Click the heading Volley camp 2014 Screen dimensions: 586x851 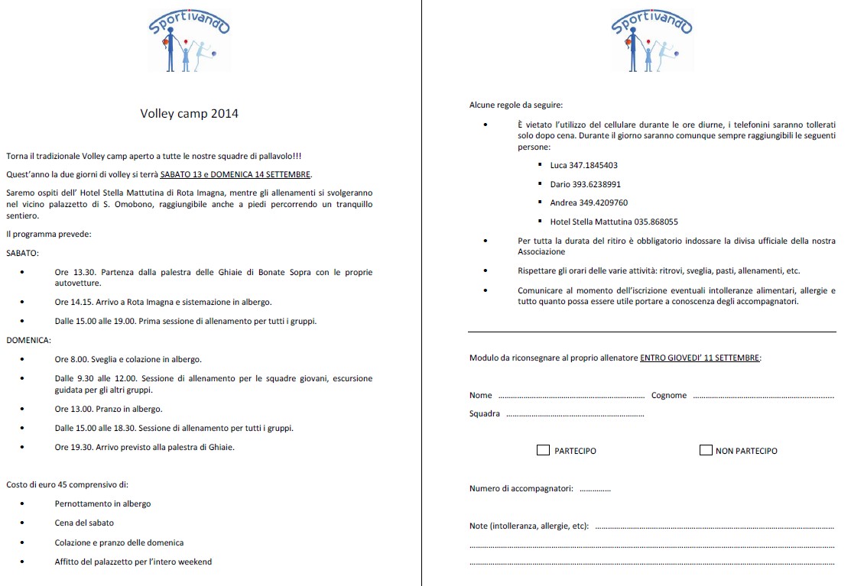coord(189,114)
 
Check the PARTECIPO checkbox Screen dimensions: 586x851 coord(543,450)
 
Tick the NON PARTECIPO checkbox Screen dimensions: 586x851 coord(706,450)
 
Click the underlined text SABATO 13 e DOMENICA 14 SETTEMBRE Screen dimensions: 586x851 coord(235,174)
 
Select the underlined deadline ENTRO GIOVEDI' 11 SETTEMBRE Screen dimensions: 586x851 coord(700,358)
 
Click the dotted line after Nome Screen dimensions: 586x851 coord(571,397)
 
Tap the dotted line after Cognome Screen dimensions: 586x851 coord(762,397)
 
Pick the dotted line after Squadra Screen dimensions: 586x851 coord(574,415)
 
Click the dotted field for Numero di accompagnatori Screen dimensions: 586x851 coord(595,490)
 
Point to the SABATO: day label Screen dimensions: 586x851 coord(23,252)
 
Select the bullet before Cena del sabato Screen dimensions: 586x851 coord(23,523)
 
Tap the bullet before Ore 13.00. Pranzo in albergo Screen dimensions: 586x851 coord(23,410)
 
